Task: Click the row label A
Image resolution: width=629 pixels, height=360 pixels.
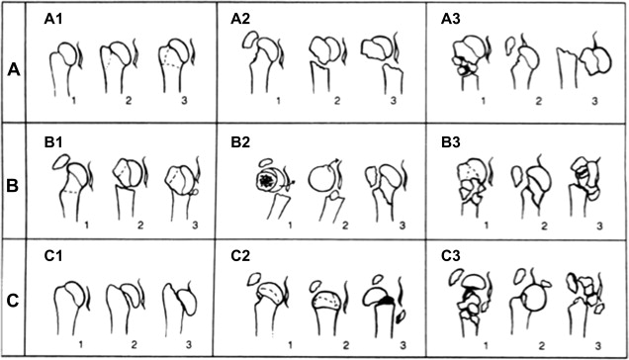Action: coord(14,70)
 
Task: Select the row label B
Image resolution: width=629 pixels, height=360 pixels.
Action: coord(13,186)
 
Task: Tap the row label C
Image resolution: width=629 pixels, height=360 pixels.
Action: coord(13,301)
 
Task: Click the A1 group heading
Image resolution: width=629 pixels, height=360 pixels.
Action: coord(53,19)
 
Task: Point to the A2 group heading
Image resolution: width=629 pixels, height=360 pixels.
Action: coord(240,19)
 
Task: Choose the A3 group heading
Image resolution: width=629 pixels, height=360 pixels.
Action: coord(451,19)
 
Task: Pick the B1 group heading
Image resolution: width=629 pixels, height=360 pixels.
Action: coord(53,143)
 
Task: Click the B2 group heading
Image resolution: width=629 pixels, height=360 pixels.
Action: coord(240,143)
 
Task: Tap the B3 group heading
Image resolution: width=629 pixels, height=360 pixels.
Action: coord(451,143)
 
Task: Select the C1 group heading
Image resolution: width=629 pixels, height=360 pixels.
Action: coord(53,255)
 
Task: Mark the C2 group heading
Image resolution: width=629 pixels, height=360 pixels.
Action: coord(240,255)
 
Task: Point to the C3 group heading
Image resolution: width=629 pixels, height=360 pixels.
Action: coord(451,255)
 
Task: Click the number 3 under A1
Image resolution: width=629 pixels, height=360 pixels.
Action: coord(184,100)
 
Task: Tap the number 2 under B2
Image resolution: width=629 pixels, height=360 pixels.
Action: coord(345,225)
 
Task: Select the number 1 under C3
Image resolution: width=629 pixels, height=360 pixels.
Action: coord(486,345)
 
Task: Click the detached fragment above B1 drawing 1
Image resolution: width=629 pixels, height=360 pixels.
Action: coord(61,162)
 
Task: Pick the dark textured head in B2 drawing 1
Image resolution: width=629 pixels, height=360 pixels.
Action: coord(265,181)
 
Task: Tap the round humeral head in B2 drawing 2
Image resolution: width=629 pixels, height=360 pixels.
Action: coord(321,179)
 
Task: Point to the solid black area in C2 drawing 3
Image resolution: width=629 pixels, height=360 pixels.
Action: coord(385,300)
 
